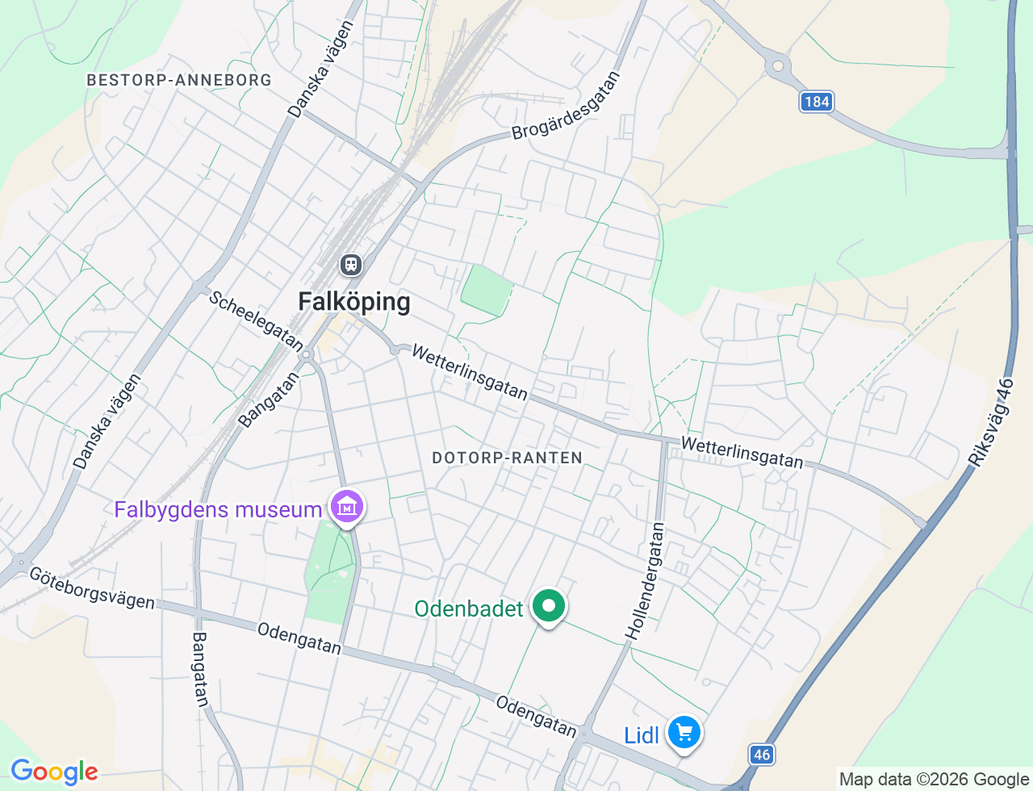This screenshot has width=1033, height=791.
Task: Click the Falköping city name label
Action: (354, 302)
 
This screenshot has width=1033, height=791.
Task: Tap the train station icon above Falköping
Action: (350, 264)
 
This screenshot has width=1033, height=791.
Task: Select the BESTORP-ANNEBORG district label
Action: (179, 80)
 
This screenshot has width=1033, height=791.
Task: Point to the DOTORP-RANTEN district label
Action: (507, 458)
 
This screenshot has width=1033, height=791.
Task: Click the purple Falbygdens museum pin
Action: (347, 507)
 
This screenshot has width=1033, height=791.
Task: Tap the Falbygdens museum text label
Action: (218, 510)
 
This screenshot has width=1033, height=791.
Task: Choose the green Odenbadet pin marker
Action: (549, 605)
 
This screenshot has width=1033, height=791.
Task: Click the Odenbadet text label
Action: (469, 609)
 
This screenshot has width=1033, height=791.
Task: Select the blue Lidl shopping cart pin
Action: (684, 733)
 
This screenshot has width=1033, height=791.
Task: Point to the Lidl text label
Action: (642, 735)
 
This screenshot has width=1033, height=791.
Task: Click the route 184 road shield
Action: (817, 102)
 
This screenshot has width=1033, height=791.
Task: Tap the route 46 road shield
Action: (761, 755)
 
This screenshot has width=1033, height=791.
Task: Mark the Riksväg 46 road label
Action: (991, 422)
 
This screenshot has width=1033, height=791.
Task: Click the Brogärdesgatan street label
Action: (567, 106)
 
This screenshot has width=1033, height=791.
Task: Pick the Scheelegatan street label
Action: (256, 320)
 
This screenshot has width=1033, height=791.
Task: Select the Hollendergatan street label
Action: (646, 582)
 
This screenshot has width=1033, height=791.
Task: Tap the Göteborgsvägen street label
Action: (92, 588)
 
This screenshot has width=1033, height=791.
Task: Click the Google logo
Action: (54, 772)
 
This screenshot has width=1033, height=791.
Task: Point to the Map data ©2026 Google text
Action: (934, 779)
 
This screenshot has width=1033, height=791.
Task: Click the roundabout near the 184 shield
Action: (777, 66)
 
